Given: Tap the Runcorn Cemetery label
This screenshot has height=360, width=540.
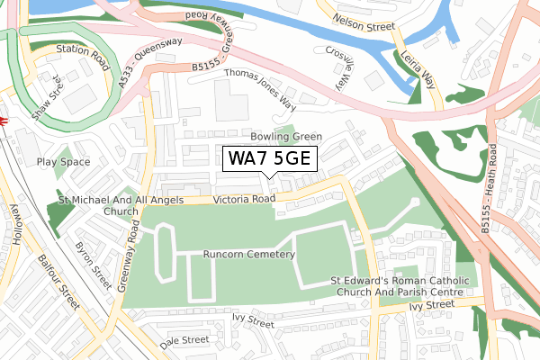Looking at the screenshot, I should coord(249,255).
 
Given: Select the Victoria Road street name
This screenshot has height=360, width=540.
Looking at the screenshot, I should coord(244,199).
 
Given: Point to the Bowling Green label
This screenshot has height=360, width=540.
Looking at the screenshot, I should coord(285,137).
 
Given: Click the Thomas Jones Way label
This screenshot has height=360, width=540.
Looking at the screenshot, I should coord(260,85).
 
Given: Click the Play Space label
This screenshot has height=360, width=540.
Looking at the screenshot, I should coord(64,162).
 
